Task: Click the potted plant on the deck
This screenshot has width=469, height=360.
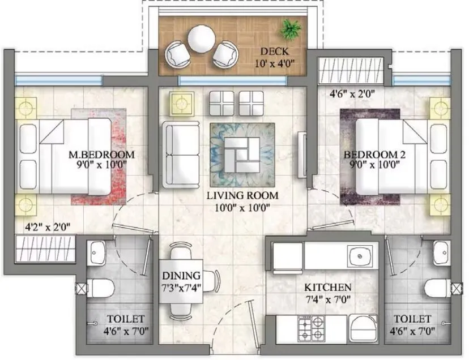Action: click(292, 28)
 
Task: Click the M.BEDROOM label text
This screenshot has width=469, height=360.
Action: click(101, 155)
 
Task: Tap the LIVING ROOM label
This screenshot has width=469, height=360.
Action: click(242, 196)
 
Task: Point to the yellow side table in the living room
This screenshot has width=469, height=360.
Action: click(182, 104)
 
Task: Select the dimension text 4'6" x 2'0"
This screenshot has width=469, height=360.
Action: click(351, 93)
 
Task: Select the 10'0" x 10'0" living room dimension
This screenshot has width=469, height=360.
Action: click(242, 207)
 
